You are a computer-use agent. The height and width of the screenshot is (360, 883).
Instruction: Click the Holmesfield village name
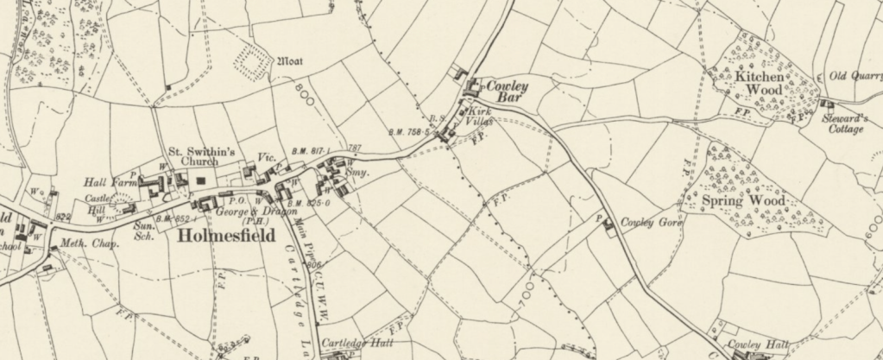226,236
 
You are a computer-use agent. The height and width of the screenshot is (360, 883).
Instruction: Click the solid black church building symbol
201,180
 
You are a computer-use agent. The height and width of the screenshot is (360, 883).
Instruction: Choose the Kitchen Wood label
760,83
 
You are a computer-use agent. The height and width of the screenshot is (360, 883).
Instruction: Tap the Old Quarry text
855,76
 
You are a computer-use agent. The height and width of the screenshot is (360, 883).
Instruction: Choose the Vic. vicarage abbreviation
266,158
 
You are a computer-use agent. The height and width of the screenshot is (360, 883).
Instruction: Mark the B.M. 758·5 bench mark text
410,131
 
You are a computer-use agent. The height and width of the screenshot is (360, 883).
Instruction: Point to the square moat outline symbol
252,62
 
